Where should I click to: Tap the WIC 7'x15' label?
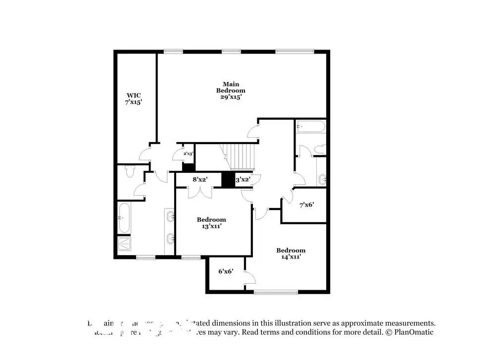coord(133,98)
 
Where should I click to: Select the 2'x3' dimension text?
coord(188,154)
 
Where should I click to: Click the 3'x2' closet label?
coord(242,180)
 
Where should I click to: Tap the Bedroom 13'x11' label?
coord(211,223)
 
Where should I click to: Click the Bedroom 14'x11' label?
coord(291,254)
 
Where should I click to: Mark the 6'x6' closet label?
coord(225,271)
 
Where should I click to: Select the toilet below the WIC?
coord(130,172)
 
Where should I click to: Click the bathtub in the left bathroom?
coord(124,218)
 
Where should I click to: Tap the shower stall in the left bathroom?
coord(124,243)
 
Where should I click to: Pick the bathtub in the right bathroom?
coord(310,127)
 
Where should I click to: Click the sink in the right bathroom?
coord(322,178)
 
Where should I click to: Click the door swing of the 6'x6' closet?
coord(249,277)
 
